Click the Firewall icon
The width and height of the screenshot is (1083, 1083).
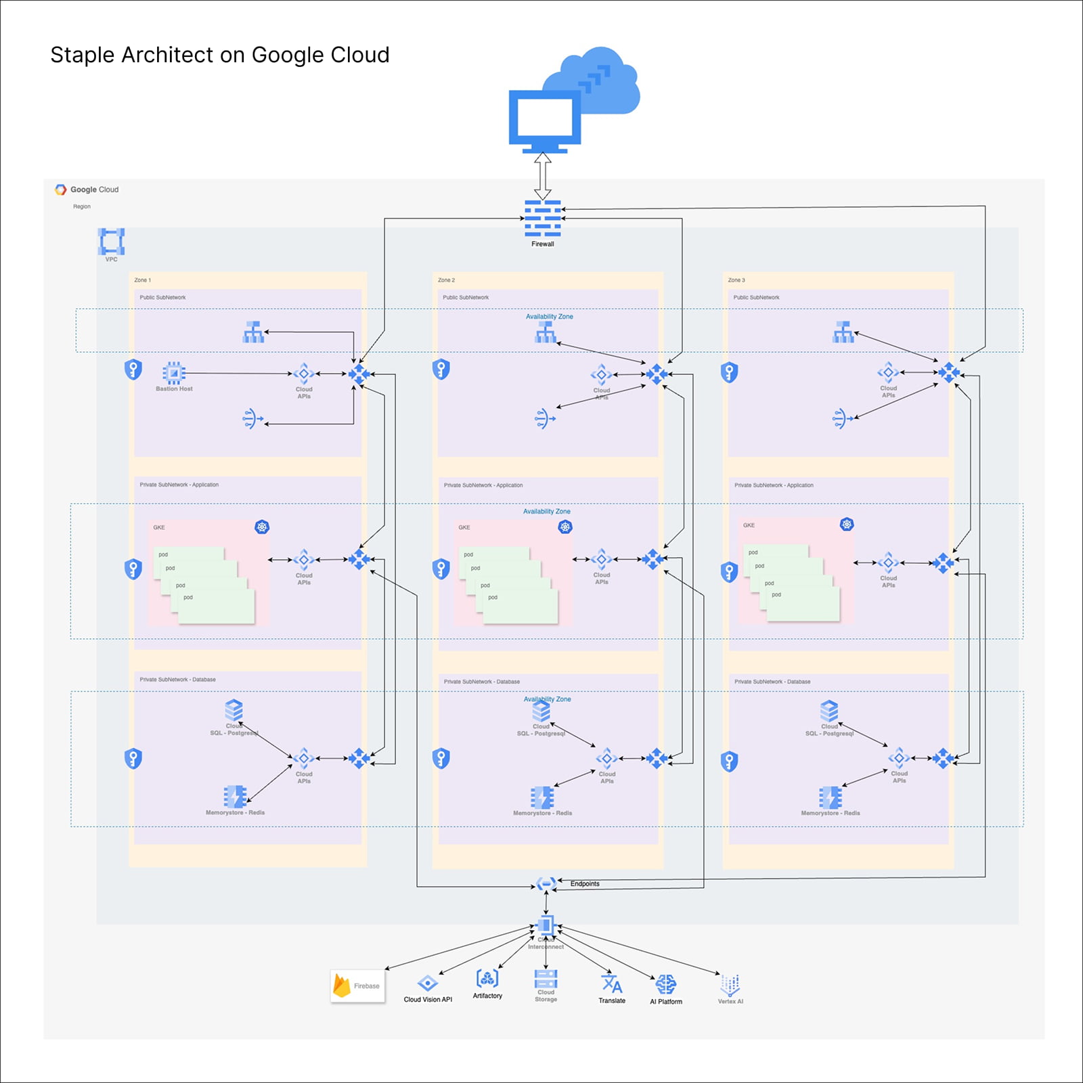(542, 218)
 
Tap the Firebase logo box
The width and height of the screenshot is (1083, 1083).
(357, 986)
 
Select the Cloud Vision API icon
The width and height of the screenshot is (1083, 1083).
(427, 983)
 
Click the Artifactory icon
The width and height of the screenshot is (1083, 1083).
(487, 978)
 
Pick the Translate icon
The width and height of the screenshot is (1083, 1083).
(612, 983)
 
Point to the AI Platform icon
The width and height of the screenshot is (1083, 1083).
(665, 985)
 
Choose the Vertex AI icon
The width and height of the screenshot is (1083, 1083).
(730, 985)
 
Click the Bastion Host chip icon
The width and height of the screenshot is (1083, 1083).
(174, 373)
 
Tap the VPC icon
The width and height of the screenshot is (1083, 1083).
(112, 241)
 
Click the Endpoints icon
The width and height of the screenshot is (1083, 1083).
(546, 884)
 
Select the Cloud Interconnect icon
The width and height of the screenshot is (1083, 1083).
(546, 926)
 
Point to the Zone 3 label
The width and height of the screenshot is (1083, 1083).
(736, 280)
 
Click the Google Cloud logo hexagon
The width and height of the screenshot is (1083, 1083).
(61, 190)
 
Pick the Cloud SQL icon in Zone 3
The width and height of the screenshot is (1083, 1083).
(829, 711)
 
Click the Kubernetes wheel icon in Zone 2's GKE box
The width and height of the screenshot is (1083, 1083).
(565, 527)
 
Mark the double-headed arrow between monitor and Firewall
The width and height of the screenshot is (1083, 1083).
(542, 175)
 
